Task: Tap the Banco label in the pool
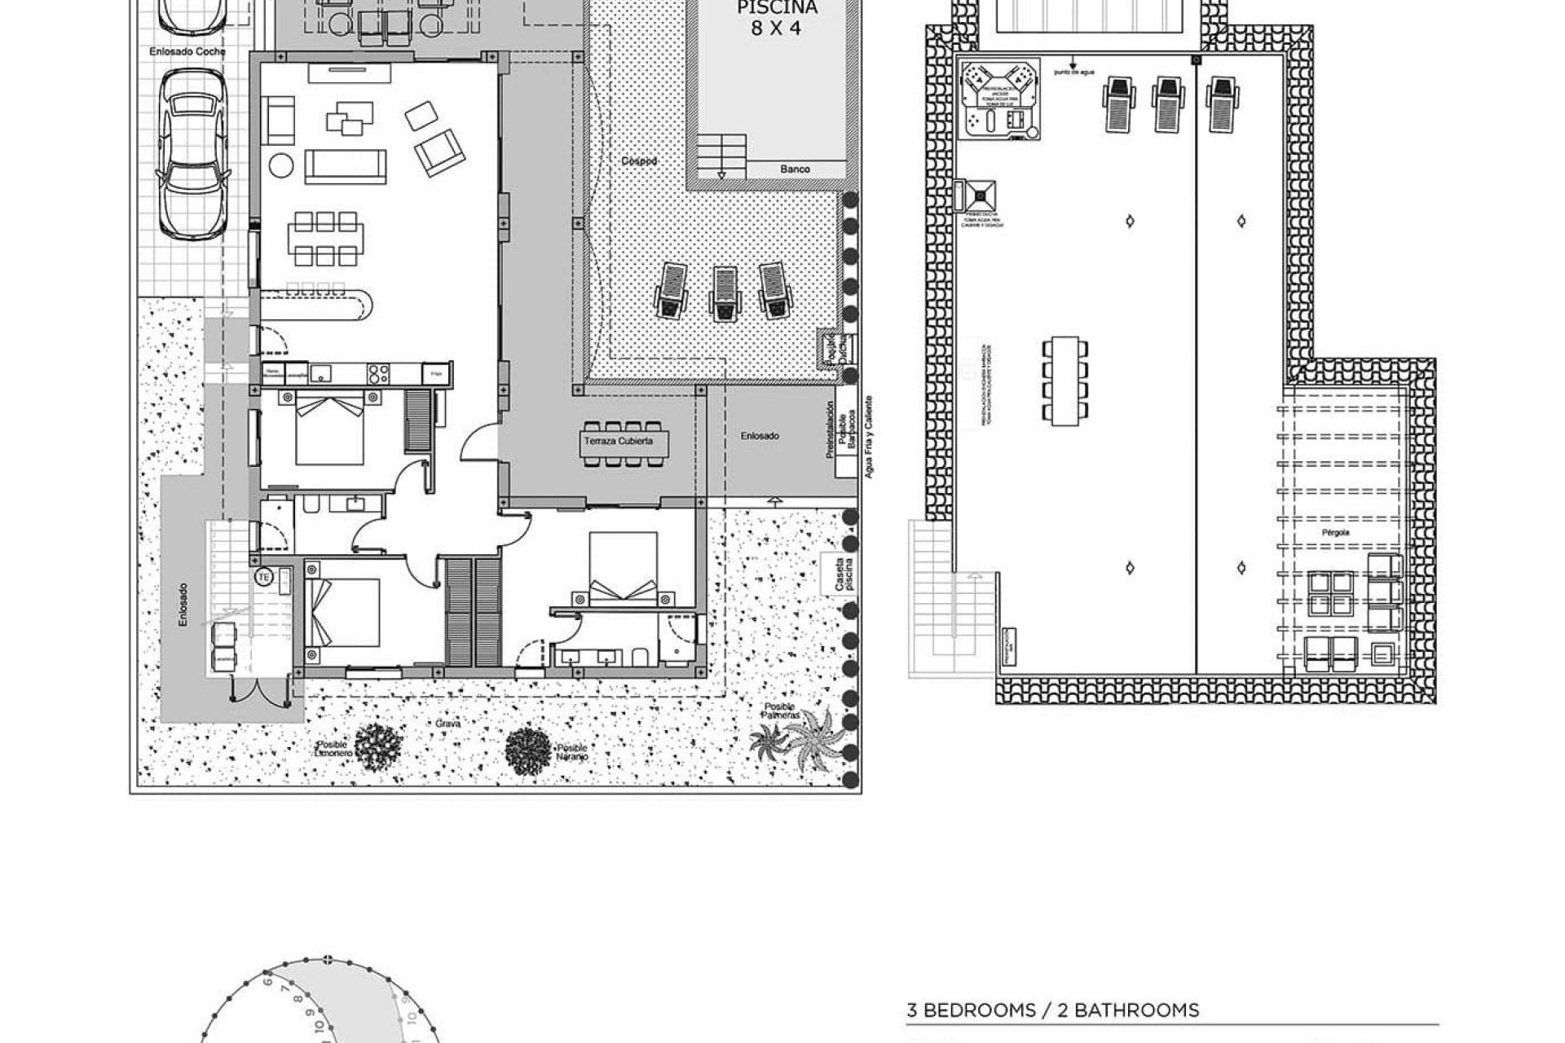coord(795,169)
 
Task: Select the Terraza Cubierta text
coord(617,442)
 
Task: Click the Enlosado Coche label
coord(187,51)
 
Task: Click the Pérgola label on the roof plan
coord(1336,532)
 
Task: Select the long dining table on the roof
coord(1065,381)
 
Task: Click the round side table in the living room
coord(281,165)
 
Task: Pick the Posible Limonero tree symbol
coord(378,746)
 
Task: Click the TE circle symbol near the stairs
coord(263,577)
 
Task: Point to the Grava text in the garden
coord(448,724)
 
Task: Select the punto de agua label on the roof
coord(1073,73)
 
